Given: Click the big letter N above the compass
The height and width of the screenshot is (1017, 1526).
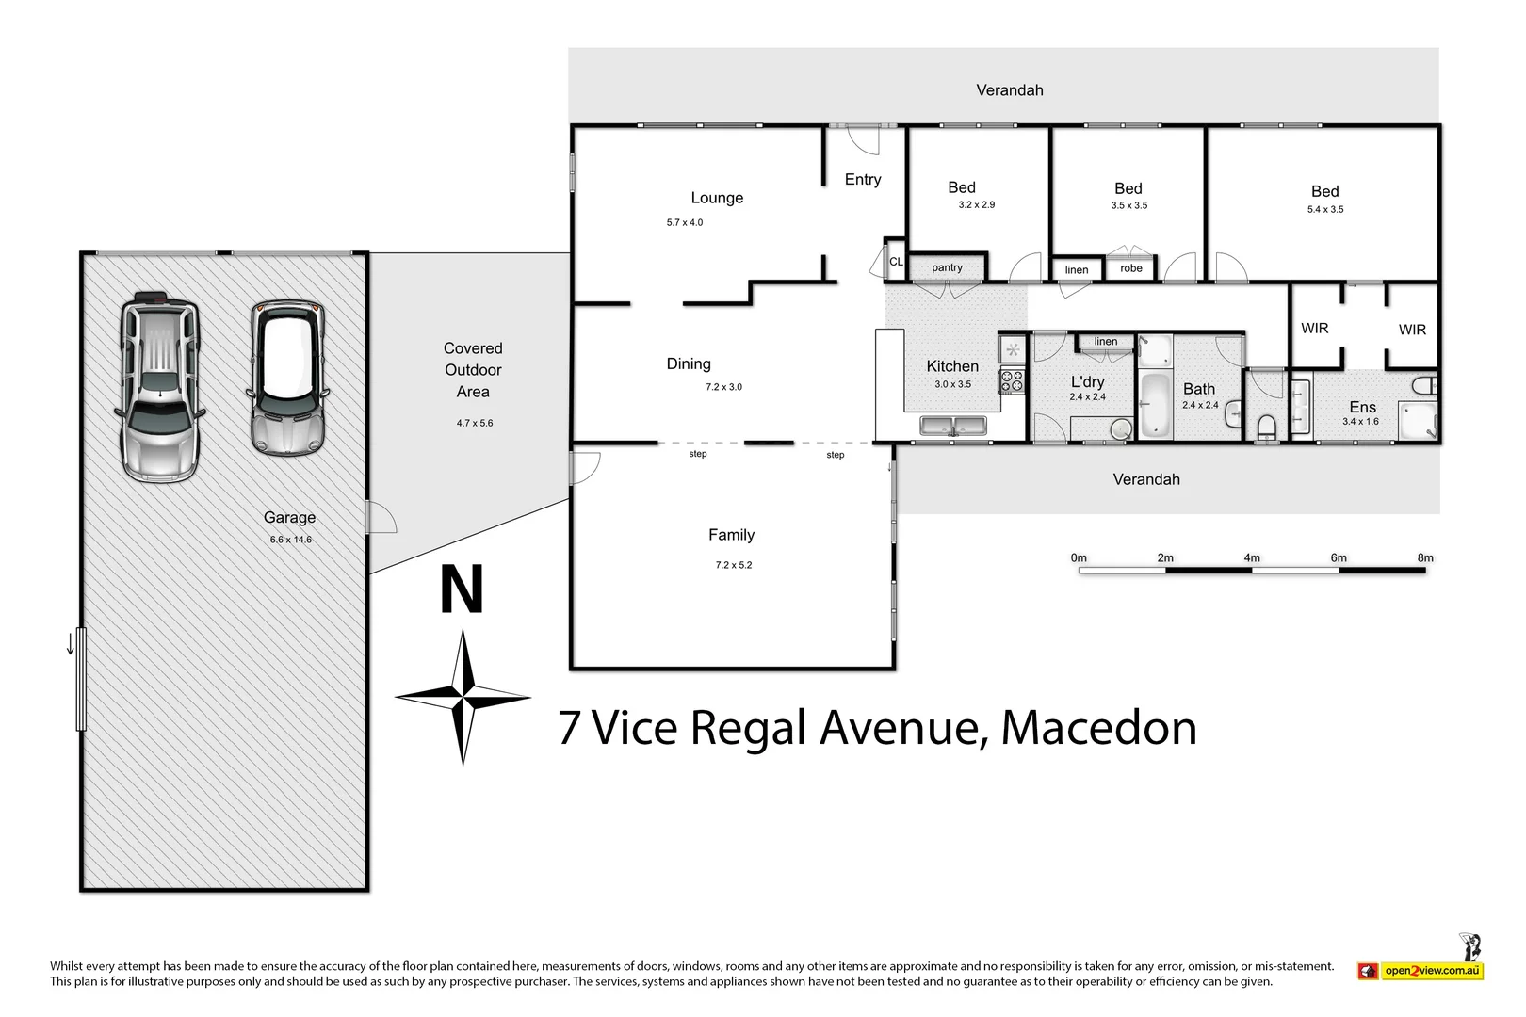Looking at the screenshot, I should (x=462, y=589).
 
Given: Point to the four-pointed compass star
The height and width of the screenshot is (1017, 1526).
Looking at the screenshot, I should (x=463, y=698).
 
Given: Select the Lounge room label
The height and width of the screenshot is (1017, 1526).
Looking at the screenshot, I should (x=717, y=198).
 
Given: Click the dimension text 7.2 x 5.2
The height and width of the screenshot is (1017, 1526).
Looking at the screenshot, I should (x=733, y=565).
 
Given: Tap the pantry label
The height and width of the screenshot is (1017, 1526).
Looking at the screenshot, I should (x=947, y=267).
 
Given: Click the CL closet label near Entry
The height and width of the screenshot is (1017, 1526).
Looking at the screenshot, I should (x=896, y=262).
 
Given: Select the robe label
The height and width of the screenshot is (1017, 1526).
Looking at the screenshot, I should (x=1130, y=268).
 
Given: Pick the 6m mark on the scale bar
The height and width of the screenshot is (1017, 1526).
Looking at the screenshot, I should (x=1338, y=558).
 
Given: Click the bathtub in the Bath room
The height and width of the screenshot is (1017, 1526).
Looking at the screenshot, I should (x=1154, y=407).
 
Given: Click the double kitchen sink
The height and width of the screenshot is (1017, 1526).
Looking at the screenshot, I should (x=952, y=427).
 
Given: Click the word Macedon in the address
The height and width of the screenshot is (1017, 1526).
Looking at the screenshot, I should (x=1098, y=728).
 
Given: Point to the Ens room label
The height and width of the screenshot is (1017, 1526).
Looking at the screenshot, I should (x=1362, y=407).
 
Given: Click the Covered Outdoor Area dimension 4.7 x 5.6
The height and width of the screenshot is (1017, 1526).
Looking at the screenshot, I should (x=475, y=423).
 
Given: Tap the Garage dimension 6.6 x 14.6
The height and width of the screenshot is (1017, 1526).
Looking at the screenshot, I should (x=290, y=540).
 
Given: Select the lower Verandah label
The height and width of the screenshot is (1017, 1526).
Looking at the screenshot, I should (x=1145, y=479).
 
